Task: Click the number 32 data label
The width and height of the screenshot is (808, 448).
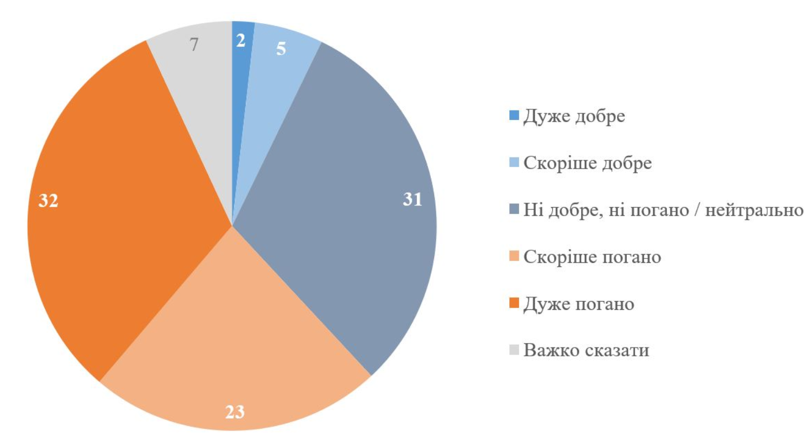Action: (x=48, y=201)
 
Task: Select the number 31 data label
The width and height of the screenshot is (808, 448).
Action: (x=412, y=199)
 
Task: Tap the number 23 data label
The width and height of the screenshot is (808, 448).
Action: (x=235, y=412)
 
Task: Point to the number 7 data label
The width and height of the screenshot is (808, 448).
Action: (x=194, y=45)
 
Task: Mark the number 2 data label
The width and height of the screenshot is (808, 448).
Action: (x=241, y=41)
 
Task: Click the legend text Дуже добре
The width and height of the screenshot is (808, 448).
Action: (x=574, y=118)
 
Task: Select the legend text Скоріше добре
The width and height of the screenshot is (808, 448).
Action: (x=588, y=164)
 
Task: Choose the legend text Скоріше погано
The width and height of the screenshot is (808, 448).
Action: (x=592, y=257)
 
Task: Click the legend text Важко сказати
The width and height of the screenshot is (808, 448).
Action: (x=586, y=350)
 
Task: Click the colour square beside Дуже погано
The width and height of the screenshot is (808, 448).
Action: (x=514, y=303)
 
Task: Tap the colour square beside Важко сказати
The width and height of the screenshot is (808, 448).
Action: (x=514, y=350)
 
